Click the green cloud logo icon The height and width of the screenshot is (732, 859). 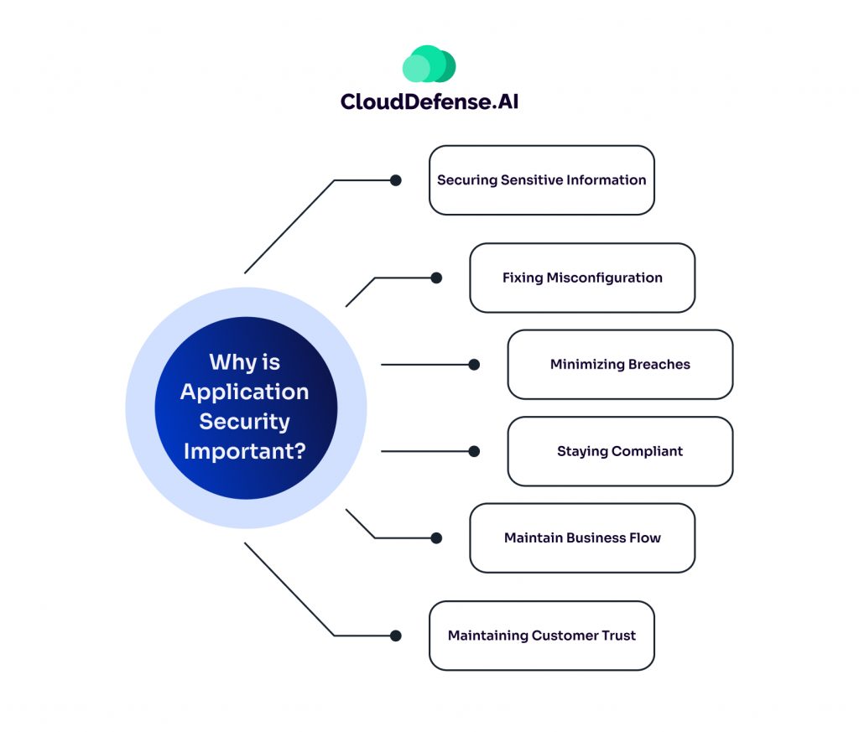click(x=429, y=65)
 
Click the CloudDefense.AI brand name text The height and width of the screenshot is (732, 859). click(x=429, y=101)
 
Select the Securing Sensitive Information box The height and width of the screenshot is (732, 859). click(x=541, y=180)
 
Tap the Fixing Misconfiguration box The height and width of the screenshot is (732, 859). click(x=582, y=278)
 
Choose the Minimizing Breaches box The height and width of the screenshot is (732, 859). click(x=620, y=364)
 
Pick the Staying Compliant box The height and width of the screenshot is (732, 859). click(x=620, y=451)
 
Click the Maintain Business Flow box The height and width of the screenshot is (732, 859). click(x=582, y=537)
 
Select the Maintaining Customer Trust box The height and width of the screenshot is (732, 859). click(x=541, y=636)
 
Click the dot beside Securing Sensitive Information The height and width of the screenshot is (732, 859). click(x=396, y=180)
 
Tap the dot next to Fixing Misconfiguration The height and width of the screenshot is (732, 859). click(x=436, y=278)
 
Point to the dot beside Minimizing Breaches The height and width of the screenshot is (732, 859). click(x=474, y=364)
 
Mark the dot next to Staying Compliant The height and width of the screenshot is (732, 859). click(x=474, y=451)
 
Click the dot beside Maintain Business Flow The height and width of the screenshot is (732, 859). click(x=436, y=537)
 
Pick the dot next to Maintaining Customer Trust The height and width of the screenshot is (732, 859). click(x=396, y=636)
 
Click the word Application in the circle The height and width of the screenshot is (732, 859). click(x=244, y=392)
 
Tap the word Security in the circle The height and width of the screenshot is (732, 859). click(x=244, y=421)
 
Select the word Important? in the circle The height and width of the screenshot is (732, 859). click(x=244, y=450)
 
